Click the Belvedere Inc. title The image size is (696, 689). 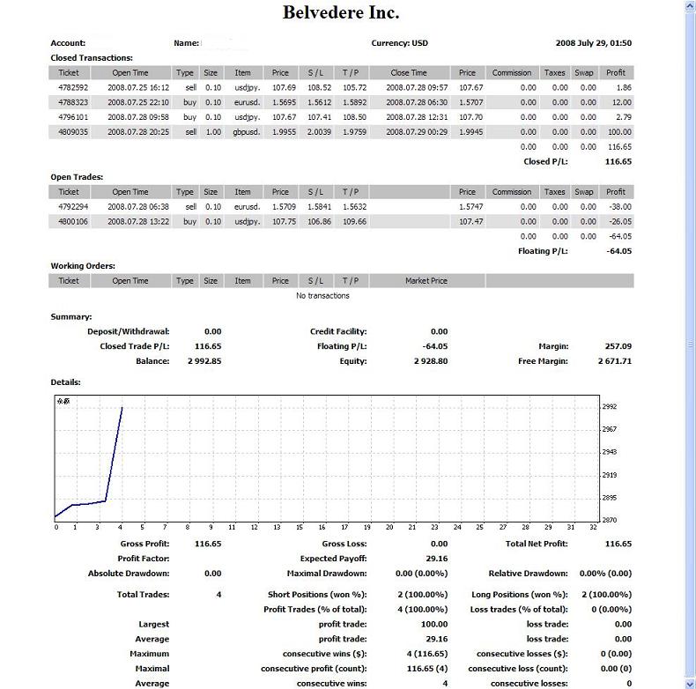[x=341, y=12]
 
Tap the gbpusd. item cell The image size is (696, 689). [x=242, y=131]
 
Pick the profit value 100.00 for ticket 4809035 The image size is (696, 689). [x=617, y=131]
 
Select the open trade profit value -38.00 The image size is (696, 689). [x=619, y=207]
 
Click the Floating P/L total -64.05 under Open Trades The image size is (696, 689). [x=619, y=251]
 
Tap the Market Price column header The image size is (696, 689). [x=426, y=281]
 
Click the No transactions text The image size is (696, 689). [x=322, y=296]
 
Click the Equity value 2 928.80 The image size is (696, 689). [x=430, y=361]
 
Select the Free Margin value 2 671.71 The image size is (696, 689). [x=613, y=361]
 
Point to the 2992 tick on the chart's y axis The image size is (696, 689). [x=609, y=407]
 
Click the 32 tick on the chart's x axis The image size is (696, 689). [x=593, y=528]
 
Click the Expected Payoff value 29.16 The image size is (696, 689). [x=435, y=559]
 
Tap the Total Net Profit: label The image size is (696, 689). [x=536, y=544]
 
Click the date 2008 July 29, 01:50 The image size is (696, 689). [x=593, y=43]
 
